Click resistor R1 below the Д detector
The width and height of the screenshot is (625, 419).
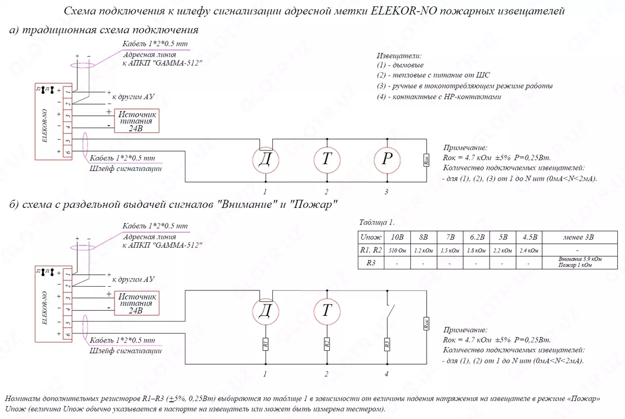point(265,345)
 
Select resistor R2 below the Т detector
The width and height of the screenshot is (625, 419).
point(326,345)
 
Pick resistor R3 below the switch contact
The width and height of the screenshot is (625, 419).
point(386,345)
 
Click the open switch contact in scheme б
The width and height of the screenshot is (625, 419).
point(388,312)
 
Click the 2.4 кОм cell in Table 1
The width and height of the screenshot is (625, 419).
point(529,250)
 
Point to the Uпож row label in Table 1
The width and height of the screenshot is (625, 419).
point(371,237)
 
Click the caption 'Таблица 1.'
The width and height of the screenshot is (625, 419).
point(377,221)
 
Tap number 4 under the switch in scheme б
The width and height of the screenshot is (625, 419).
point(386,374)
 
